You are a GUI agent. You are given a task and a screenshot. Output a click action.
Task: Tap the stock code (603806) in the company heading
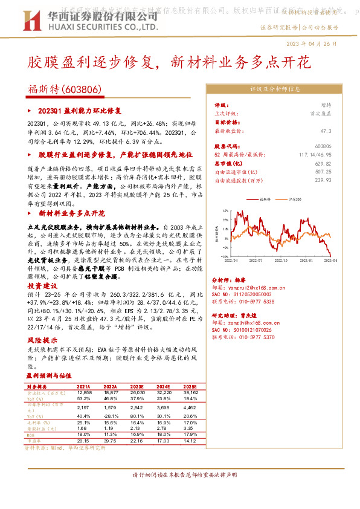(81, 89)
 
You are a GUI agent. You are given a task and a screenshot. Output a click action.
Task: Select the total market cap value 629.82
(323, 163)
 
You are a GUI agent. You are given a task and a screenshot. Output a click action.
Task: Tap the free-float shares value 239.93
(323, 180)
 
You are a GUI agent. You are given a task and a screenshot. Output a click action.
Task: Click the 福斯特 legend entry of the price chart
(266, 198)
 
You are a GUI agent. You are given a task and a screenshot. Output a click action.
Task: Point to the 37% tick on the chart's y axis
(225, 211)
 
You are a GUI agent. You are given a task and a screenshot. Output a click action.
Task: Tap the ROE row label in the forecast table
(32, 434)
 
